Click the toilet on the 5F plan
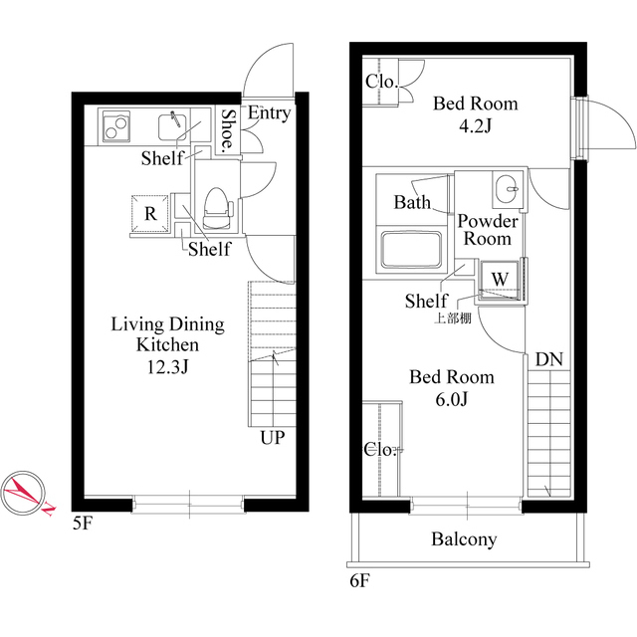coord(217,208)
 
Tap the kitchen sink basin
coord(172,126)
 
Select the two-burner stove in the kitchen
coord(116,126)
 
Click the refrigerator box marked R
coord(149,213)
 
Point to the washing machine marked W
coord(500,281)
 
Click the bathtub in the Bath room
coord(411,251)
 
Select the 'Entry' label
coord(270,112)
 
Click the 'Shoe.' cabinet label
coord(228,129)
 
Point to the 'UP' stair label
coord(273,438)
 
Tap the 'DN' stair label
coord(549,359)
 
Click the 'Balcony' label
coord(464,539)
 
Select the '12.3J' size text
coord(168,367)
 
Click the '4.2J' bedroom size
coord(476,126)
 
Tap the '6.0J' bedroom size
coord(452,400)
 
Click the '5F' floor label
coord(83,524)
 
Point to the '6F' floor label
coord(360,581)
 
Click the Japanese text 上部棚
coord(453,318)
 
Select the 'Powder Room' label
coord(488,230)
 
